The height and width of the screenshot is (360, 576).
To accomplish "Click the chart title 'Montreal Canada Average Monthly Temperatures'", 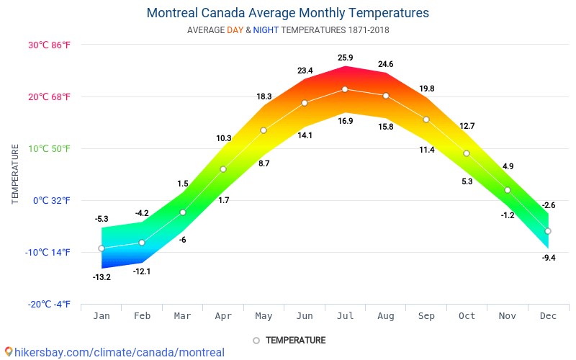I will (x=287, y=13).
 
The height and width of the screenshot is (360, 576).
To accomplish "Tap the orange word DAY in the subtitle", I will (x=235, y=30).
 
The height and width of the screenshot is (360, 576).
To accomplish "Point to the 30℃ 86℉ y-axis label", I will (x=49, y=45).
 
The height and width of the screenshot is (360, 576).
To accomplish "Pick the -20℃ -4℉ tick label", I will (x=49, y=304).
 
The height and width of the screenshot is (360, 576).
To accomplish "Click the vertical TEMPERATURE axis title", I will (x=15, y=174).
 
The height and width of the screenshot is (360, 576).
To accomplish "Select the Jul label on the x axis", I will (x=345, y=316).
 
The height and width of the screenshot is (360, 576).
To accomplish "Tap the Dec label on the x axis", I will (x=548, y=316).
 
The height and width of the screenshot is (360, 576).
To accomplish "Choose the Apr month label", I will (x=223, y=316).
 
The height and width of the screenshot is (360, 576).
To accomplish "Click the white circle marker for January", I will (x=102, y=248).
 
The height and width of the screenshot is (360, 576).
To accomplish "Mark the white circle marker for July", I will (x=345, y=89).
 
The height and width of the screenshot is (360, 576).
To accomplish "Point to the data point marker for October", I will (x=467, y=153).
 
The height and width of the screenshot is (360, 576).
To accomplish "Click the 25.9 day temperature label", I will (x=345, y=58).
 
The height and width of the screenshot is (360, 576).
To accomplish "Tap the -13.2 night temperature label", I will (x=102, y=277).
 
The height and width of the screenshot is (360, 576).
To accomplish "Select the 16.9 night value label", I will (x=345, y=121).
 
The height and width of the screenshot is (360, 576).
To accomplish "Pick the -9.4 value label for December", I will (x=548, y=257).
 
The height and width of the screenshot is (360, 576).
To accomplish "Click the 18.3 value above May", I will (x=264, y=96).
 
